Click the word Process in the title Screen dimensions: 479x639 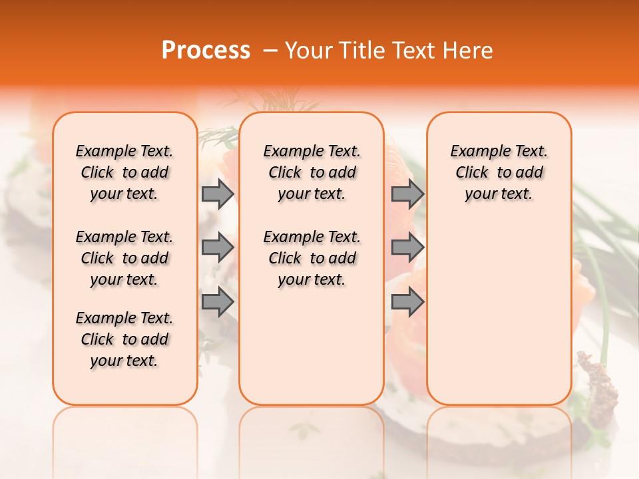pyautogui.click(x=206, y=51)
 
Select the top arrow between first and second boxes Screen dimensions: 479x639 pyautogui.click(x=218, y=194)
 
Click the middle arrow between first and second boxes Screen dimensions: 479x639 pyautogui.click(x=218, y=247)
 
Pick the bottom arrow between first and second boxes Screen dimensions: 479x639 pyautogui.click(x=218, y=302)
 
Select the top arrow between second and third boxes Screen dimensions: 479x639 pyautogui.click(x=407, y=194)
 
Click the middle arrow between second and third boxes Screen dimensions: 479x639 pyautogui.click(x=407, y=247)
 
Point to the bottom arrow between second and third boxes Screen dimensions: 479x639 pyautogui.click(x=407, y=302)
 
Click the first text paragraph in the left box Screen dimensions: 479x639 pyautogui.click(x=124, y=172)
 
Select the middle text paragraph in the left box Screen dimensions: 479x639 pyautogui.click(x=124, y=258)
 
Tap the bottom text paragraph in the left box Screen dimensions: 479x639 pyautogui.click(x=124, y=339)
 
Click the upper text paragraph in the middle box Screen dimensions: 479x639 pyautogui.click(x=312, y=172)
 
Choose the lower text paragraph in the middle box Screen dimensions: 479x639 pyautogui.click(x=312, y=258)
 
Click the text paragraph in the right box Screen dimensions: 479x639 pyautogui.click(x=499, y=172)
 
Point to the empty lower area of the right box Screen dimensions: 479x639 pyautogui.click(x=499, y=313)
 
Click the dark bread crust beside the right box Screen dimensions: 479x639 pyautogui.click(x=599, y=386)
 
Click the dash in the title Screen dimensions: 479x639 pyautogui.click(x=270, y=51)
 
